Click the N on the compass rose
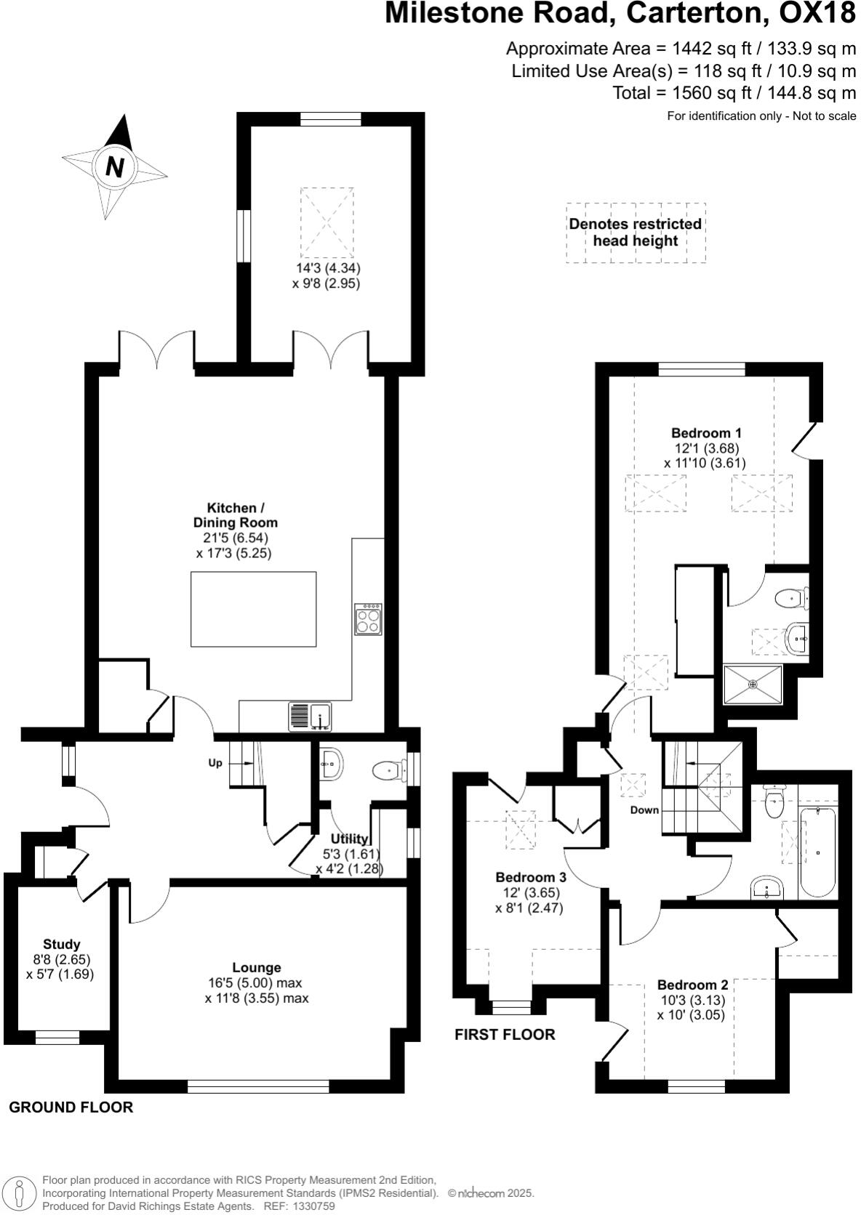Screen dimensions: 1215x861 [x=114, y=167]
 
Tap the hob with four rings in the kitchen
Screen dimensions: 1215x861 [x=368, y=619]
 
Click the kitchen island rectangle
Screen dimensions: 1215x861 [x=253, y=609]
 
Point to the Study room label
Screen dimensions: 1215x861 [x=62, y=944]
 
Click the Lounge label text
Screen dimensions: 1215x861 [x=257, y=967]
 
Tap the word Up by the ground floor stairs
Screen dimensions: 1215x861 [x=215, y=763]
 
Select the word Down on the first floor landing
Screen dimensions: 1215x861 [x=644, y=810]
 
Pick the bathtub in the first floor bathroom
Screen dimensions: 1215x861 [x=818, y=851]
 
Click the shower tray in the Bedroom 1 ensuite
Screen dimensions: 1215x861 [x=753, y=684]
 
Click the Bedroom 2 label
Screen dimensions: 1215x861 [x=692, y=985]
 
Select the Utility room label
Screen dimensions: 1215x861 [x=350, y=839]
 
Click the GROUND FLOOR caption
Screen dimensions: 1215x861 [x=71, y=1107]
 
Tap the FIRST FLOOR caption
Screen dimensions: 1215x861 [x=505, y=1034]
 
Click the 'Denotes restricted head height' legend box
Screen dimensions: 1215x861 [x=636, y=233]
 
